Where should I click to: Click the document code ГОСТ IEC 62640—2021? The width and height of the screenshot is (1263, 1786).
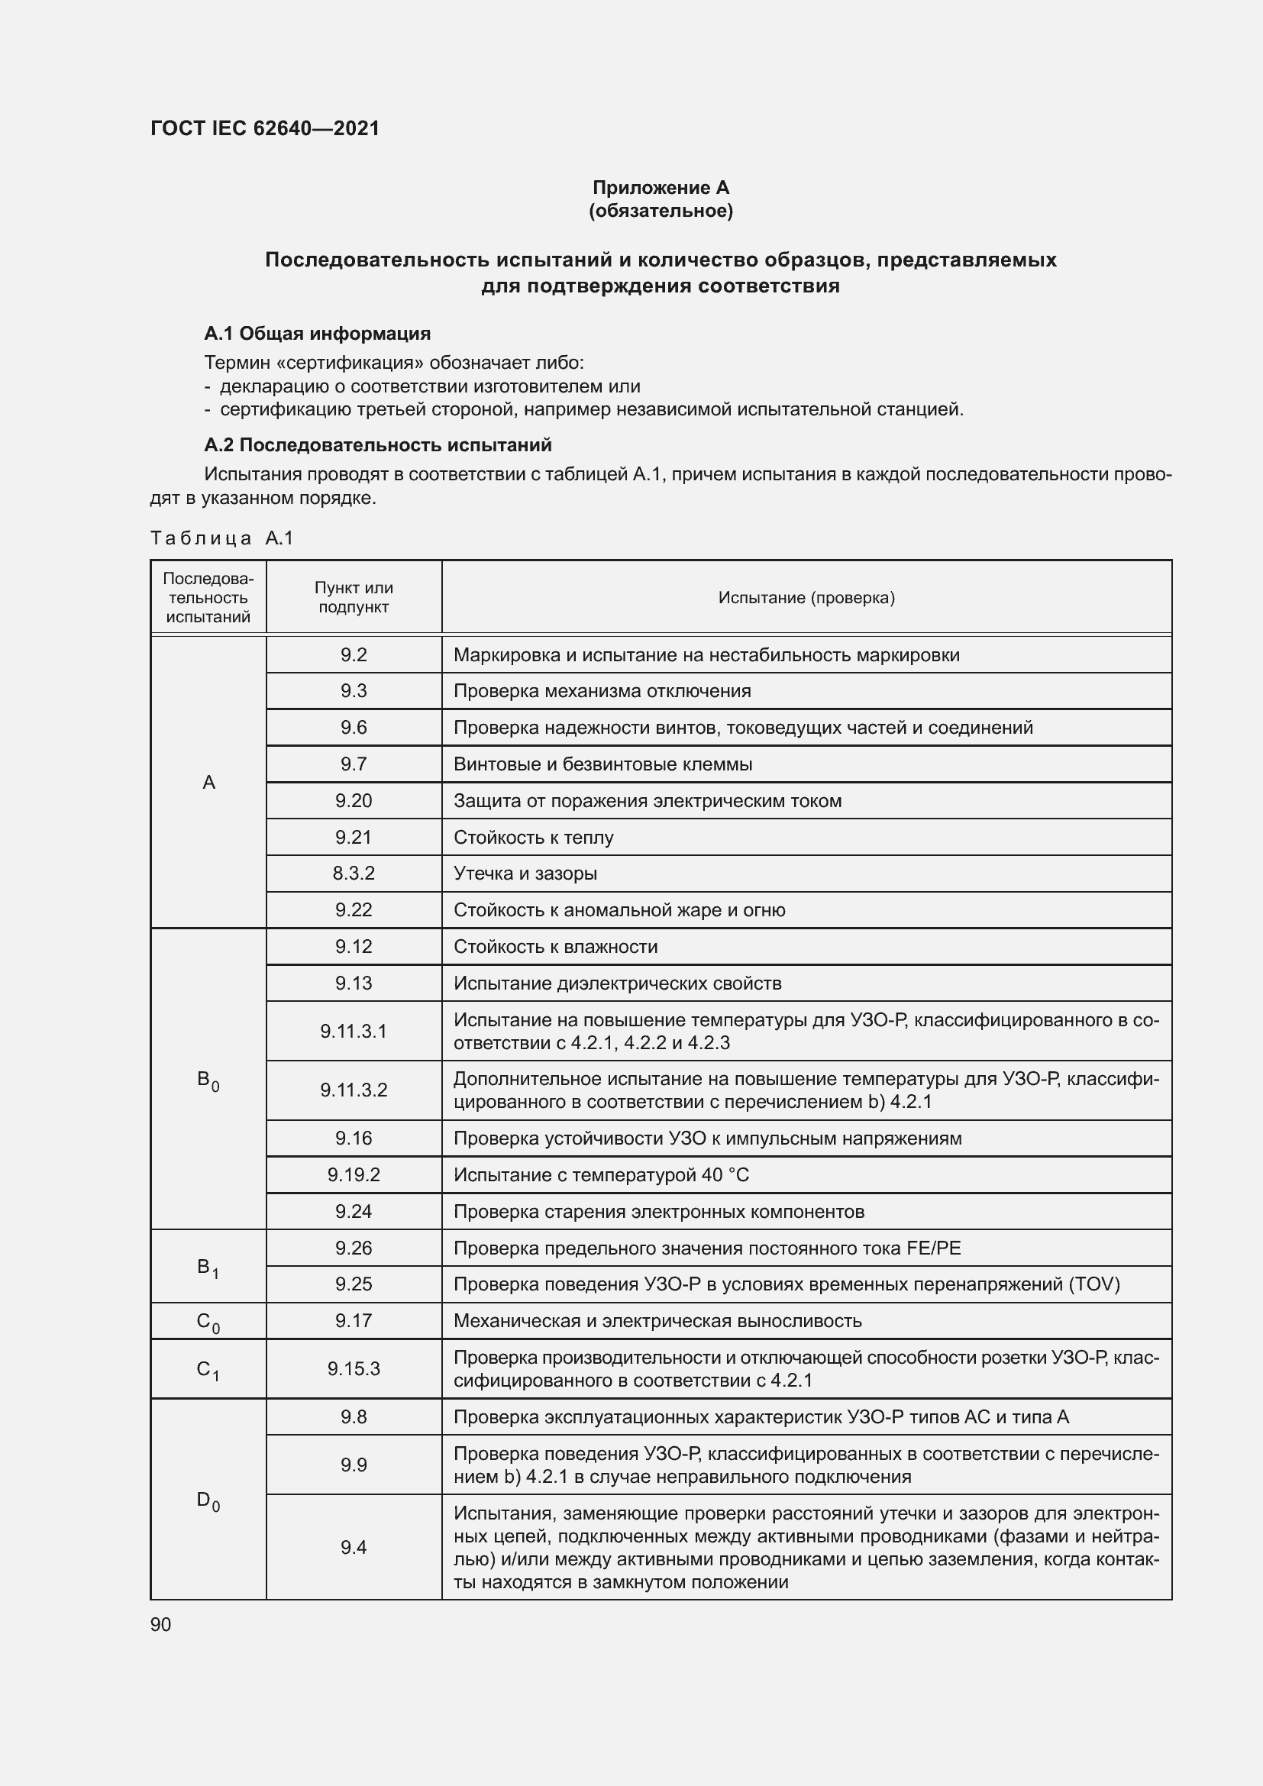264,128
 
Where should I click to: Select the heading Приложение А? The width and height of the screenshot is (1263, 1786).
661,188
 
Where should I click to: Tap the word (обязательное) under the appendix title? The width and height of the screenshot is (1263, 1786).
661,211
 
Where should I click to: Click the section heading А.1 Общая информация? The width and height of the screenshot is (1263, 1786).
317,334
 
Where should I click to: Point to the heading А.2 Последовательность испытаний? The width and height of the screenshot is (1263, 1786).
377,445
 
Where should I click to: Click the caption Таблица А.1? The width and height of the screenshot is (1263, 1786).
221,538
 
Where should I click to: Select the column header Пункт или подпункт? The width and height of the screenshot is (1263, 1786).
353,597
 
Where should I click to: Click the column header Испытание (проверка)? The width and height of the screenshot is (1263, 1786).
806,597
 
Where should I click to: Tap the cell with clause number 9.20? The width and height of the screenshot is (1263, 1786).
353,800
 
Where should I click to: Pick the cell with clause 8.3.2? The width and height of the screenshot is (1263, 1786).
353,873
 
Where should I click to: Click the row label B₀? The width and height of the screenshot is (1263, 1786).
208,1080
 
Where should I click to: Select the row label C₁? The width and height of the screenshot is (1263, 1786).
208,1369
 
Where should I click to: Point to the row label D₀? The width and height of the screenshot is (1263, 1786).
208,1500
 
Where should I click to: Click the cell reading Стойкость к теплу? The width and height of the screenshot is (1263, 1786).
533,837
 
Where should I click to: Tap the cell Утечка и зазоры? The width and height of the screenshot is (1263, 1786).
525,873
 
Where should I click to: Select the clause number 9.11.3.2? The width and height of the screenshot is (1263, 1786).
353,1090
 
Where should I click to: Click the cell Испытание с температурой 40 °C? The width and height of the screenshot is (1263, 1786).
600,1174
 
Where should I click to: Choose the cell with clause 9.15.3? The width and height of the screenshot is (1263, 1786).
353,1369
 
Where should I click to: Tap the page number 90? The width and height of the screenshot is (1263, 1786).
161,1623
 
